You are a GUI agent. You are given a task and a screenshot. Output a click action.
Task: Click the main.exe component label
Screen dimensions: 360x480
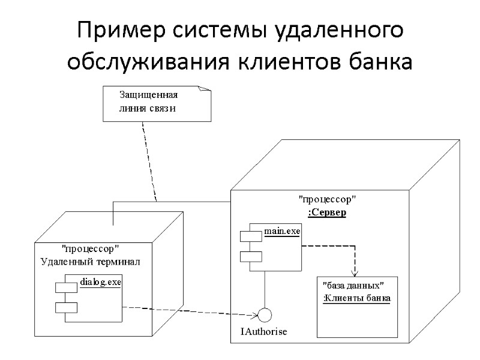282,232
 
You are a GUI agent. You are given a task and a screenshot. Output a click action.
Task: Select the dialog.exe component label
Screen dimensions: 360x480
100,281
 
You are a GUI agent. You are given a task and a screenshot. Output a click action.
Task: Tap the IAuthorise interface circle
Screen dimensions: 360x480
265,314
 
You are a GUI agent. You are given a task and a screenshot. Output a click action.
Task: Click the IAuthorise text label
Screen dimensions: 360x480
264,331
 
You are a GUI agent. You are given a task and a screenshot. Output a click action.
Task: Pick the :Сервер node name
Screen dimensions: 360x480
327,212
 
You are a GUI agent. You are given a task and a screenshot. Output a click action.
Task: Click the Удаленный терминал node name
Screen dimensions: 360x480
91,261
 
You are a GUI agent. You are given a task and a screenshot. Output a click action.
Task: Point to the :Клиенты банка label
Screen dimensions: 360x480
357,298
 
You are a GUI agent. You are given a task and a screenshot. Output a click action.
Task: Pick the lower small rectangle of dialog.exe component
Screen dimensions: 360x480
66,307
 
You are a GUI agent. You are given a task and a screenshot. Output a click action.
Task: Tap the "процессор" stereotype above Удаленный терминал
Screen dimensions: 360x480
91,248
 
